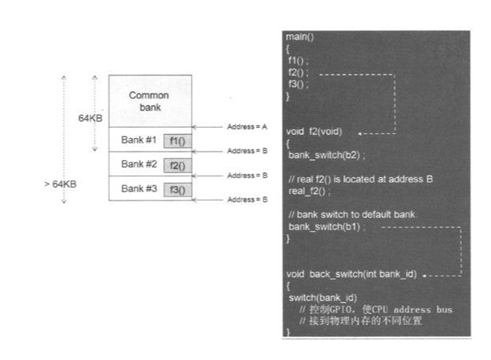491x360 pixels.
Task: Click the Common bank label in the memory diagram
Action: [x=149, y=101]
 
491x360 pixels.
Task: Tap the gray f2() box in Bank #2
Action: [x=176, y=166]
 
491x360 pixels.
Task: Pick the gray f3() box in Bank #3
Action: [x=176, y=190]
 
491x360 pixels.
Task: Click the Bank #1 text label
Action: [x=138, y=140]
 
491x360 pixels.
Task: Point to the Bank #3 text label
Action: [x=138, y=188]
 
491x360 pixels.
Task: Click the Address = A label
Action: [x=247, y=127]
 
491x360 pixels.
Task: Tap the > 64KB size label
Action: [x=60, y=184]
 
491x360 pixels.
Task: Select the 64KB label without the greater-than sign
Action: [x=90, y=118]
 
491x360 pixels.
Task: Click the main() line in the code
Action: [x=300, y=38]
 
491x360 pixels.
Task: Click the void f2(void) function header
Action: [x=317, y=131]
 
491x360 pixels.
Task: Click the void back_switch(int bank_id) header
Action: [x=351, y=274]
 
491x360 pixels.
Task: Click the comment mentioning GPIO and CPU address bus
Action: [x=375, y=309]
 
